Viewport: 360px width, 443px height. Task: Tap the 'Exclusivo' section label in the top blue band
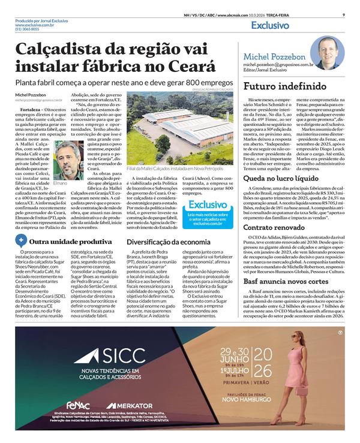point(270,26)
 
